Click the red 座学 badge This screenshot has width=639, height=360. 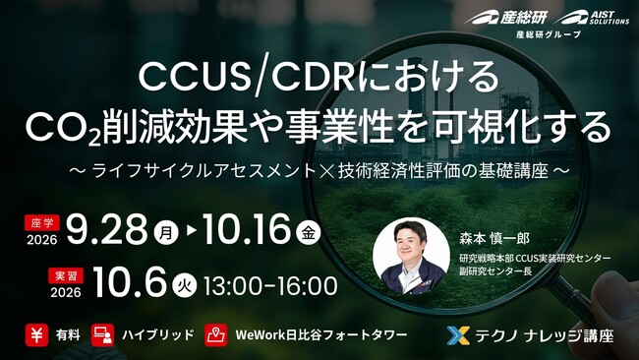click(x=42, y=223)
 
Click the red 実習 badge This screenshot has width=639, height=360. click(x=66, y=275)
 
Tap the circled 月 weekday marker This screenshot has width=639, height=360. click(x=166, y=232)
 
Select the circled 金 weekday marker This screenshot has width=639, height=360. click(x=308, y=232)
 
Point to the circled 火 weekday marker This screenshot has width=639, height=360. click(x=184, y=285)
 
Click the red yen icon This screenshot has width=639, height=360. click(x=36, y=335)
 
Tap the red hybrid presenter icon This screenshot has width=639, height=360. click(x=102, y=335)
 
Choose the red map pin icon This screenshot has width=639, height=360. click(x=216, y=335)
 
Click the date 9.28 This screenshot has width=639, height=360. click(x=106, y=229)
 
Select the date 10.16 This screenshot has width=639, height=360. click(x=247, y=229)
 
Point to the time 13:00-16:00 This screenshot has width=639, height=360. click(x=270, y=286)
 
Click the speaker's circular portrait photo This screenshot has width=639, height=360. click(x=411, y=256)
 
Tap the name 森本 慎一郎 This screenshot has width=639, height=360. click(x=494, y=238)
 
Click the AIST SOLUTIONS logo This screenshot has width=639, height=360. click(x=592, y=18)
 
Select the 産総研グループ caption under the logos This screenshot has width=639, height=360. click(x=549, y=34)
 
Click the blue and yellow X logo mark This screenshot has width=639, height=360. click(x=458, y=335)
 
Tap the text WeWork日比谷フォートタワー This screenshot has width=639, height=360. click(x=321, y=335)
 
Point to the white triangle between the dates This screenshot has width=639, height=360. click(x=192, y=231)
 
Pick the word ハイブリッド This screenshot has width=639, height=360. click(x=158, y=335)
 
